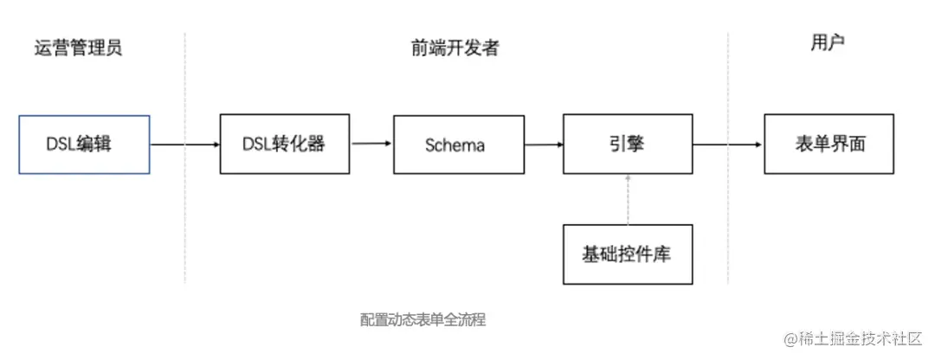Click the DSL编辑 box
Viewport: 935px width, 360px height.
click(x=84, y=145)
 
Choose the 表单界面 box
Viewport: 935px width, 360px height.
click(x=829, y=145)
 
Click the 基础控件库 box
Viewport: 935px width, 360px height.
click(x=628, y=254)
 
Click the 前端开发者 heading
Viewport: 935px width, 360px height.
click(x=455, y=48)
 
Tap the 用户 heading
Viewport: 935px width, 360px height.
click(x=823, y=44)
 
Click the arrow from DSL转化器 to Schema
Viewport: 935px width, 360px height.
click(x=371, y=145)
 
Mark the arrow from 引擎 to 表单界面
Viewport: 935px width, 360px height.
click(x=728, y=145)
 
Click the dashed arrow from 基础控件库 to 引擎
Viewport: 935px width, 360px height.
click(x=628, y=199)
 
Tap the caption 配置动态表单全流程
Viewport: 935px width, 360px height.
click(x=423, y=319)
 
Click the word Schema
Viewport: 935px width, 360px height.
click(x=455, y=145)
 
